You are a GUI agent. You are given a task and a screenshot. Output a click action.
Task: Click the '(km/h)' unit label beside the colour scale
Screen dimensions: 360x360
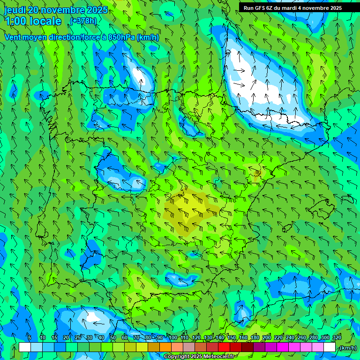(348, 348)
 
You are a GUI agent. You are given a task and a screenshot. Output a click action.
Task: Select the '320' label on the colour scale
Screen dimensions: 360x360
(337, 337)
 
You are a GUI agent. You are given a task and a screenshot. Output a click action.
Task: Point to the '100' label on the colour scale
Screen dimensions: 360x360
(173, 337)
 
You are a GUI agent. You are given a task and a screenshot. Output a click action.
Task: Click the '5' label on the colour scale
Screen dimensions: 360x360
(30, 337)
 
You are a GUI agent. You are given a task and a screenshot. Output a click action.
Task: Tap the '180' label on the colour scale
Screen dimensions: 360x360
(255, 337)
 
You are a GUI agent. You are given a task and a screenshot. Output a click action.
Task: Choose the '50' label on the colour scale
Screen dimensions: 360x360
(113, 337)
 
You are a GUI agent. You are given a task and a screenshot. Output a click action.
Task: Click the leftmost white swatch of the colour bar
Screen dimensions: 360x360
(25, 347)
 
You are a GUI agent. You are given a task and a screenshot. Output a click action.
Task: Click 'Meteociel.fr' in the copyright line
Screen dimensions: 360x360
(217, 357)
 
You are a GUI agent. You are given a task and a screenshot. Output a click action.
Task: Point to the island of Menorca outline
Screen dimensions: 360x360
(347, 199)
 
